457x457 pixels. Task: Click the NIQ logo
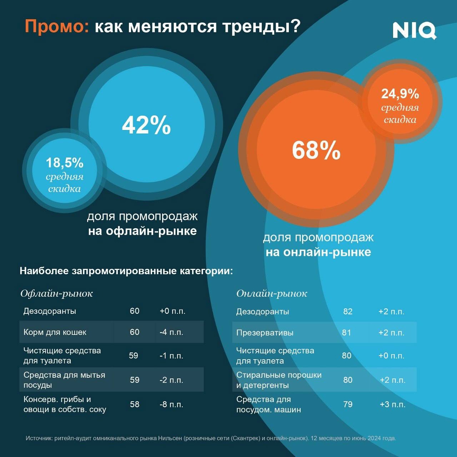pyautogui.click(x=414, y=30)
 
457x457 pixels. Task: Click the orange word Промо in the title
pyautogui.click(x=57, y=26)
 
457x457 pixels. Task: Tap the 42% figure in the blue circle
pyautogui.click(x=146, y=125)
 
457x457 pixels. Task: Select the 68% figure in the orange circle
pyautogui.click(x=316, y=150)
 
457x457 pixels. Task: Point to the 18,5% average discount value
pyautogui.click(x=65, y=163)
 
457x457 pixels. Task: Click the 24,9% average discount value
pyautogui.click(x=400, y=94)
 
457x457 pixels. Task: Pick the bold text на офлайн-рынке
pyautogui.click(x=142, y=231)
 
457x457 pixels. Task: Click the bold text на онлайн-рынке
pyautogui.click(x=318, y=252)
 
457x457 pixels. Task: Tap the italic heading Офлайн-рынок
pyautogui.click(x=56, y=293)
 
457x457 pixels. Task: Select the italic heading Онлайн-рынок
pyautogui.click(x=272, y=293)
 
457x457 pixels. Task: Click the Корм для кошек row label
pyautogui.click(x=55, y=332)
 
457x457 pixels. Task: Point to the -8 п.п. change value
pyautogui.click(x=171, y=405)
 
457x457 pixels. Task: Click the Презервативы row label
pyautogui.click(x=265, y=333)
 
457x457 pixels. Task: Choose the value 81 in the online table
pyautogui.click(x=346, y=333)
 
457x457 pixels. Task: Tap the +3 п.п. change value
pyautogui.click(x=392, y=405)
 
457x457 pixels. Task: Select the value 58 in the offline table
pyautogui.click(x=135, y=405)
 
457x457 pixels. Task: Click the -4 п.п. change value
pyautogui.click(x=171, y=332)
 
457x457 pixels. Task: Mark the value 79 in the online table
pyautogui.click(x=348, y=405)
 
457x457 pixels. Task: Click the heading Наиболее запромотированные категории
pyautogui.click(x=126, y=271)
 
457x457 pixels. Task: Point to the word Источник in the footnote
pyautogui.click(x=39, y=438)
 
